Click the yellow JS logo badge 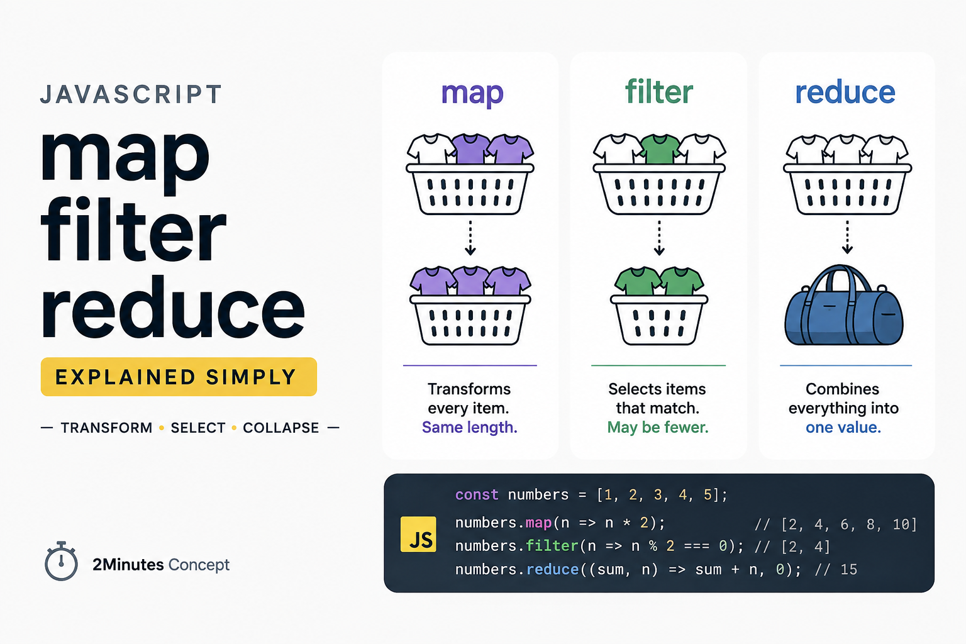click(418, 534)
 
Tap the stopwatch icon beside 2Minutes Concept click(61, 561)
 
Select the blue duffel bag click(843, 305)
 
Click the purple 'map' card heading click(472, 92)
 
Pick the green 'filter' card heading click(659, 91)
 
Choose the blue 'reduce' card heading click(845, 92)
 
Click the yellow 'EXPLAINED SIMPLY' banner click(179, 377)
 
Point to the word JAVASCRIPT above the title click(131, 94)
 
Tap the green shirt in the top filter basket click(659, 149)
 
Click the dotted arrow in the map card click(470, 238)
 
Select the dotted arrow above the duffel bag click(847, 237)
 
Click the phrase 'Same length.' click(469, 427)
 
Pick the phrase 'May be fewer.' click(658, 427)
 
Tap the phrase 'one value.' click(843, 427)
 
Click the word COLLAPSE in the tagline click(280, 428)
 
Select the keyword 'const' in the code click(477, 494)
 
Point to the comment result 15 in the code click(848, 569)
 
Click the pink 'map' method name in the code click(538, 523)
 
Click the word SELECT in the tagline click(198, 428)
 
